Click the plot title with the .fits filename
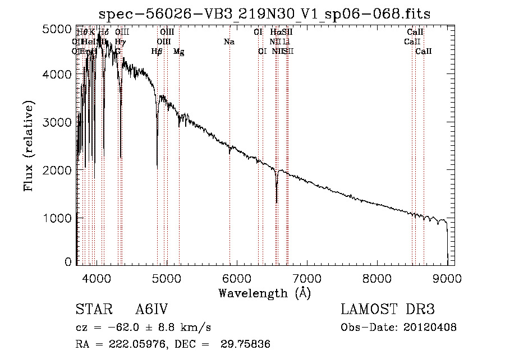coord(264,14)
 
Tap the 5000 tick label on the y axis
coord(57,29)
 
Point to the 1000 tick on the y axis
coord(57,218)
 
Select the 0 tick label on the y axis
coord(68,261)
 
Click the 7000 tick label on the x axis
coord(306,278)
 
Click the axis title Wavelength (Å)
coord(264,293)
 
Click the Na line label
coord(229,42)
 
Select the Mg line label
coord(178,52)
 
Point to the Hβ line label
coord(157,52)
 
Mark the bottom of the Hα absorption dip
coord(277,202)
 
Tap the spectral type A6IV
coord(152,310)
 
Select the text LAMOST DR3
coord(388,310)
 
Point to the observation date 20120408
coord(430,328)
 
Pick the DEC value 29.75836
coord(246,344)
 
